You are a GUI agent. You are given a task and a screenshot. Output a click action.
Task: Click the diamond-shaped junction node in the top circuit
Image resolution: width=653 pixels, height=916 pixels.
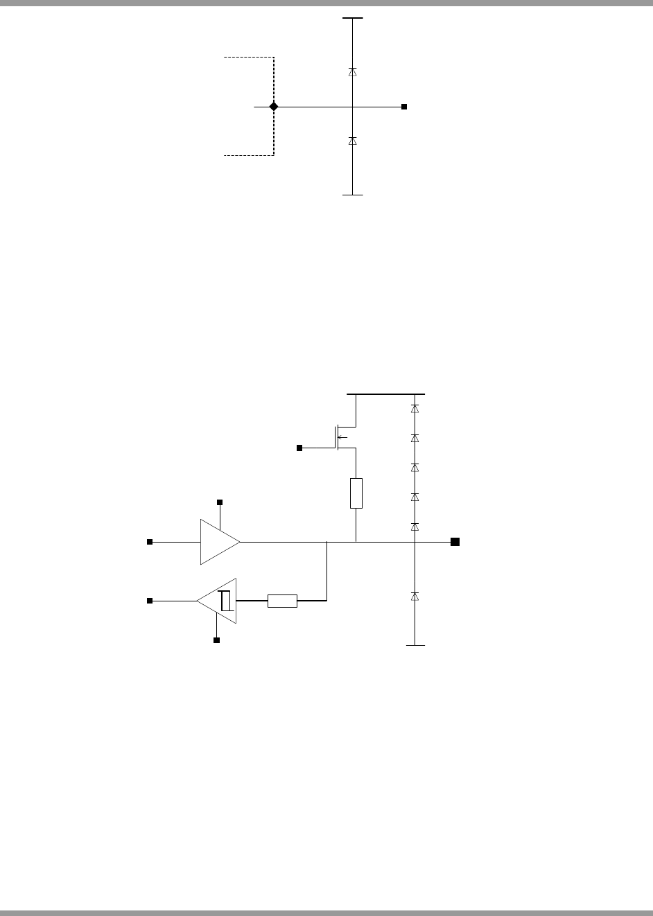[x=274, y=107]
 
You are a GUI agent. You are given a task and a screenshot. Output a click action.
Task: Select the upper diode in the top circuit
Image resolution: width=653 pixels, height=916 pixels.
[x=353, y=71]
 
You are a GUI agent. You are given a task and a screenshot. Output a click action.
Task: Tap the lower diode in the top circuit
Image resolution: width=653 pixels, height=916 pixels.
[x=353, y=141]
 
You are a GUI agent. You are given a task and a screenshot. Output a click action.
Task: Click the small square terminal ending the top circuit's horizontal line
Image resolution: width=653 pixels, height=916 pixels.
[x=405, y=107]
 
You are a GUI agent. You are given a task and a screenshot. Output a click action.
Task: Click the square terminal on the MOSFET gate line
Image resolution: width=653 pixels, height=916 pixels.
[x=299, y=448]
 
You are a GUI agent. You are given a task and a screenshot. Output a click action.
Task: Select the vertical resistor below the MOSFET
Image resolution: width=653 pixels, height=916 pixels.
[x=356, y=493]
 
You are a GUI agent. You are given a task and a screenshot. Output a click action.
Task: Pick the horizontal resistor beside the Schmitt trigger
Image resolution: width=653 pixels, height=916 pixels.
[x=282, y=601]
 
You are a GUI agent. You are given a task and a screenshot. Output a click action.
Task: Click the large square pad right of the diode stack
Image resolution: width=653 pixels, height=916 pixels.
[x=455, y=542]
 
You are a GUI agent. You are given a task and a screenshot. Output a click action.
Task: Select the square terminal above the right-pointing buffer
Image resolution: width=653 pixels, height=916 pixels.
[x=220, y=502]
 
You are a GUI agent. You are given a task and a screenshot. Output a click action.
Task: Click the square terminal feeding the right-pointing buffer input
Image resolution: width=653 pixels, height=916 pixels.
[x=149, y=542]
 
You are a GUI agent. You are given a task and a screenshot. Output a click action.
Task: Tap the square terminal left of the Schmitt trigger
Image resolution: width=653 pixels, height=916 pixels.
[x=149, y=601]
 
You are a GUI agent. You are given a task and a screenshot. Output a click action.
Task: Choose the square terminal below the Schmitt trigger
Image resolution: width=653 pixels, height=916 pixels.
[x=216, y=640]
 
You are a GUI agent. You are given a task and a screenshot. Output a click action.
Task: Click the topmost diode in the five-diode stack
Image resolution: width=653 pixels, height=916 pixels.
[x=415, y=409]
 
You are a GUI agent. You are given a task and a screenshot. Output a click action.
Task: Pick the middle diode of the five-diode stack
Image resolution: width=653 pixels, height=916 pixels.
[x=415, y=467]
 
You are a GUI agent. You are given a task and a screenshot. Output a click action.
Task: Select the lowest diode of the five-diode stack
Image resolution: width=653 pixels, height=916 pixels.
[x=415, y=526]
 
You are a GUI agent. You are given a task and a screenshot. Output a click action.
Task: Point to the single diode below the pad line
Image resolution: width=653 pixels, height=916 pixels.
[x=415, y=596]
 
